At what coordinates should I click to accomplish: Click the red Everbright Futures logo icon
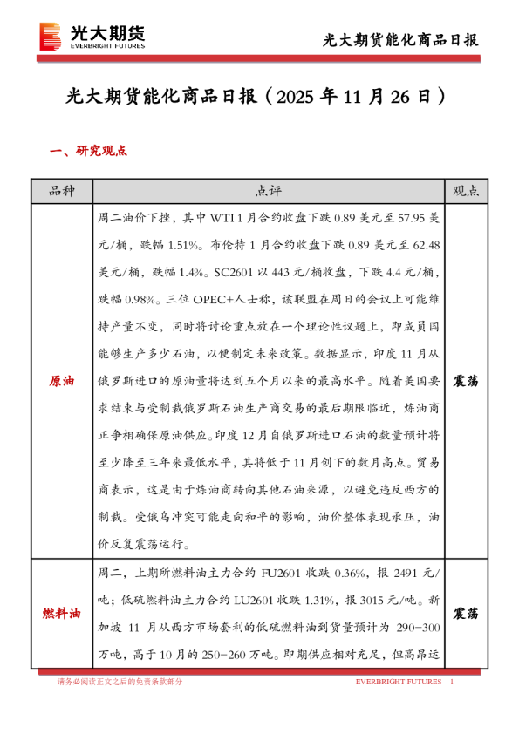coord(51,36)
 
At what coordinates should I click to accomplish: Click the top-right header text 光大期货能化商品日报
coord(400,40)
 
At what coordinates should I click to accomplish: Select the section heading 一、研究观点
coord(89,150)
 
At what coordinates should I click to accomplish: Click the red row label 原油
coord(61,382)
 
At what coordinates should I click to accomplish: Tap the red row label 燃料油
coord(61,614)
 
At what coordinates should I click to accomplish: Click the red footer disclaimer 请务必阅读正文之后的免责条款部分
coord(120,681)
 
